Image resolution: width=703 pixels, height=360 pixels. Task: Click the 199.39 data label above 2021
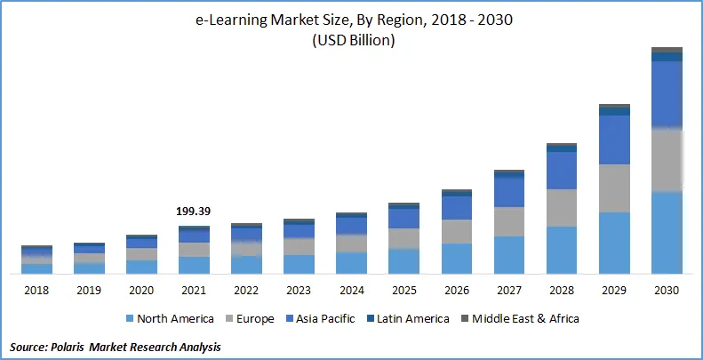click(195, 212)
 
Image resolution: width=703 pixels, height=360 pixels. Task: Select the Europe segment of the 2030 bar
click(667, 160)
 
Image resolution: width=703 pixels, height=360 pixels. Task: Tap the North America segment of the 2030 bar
click(667, 233)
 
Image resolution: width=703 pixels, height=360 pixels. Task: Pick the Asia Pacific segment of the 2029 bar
click(614, 140)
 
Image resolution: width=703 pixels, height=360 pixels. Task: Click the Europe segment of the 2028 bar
click(562, 207)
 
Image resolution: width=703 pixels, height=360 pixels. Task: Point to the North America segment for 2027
click(509, 254)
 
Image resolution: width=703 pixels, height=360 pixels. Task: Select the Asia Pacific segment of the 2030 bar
click(667, 94)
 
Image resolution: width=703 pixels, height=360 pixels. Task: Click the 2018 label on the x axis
click(36, 290)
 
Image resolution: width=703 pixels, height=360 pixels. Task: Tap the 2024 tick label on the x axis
click(351, 290)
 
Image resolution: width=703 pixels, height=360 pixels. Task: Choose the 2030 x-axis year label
click(667, 290)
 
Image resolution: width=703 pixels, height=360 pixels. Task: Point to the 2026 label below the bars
click(456, 290)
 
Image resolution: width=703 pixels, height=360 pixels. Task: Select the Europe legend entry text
click(254, 318)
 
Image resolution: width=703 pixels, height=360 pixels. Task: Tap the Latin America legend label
click(413, 318)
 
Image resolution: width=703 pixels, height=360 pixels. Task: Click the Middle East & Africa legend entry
click(525, 318)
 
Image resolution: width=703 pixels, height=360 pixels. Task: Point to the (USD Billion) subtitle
click(352, 41)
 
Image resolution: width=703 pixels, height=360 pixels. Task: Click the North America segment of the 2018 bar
click(36, 268)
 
